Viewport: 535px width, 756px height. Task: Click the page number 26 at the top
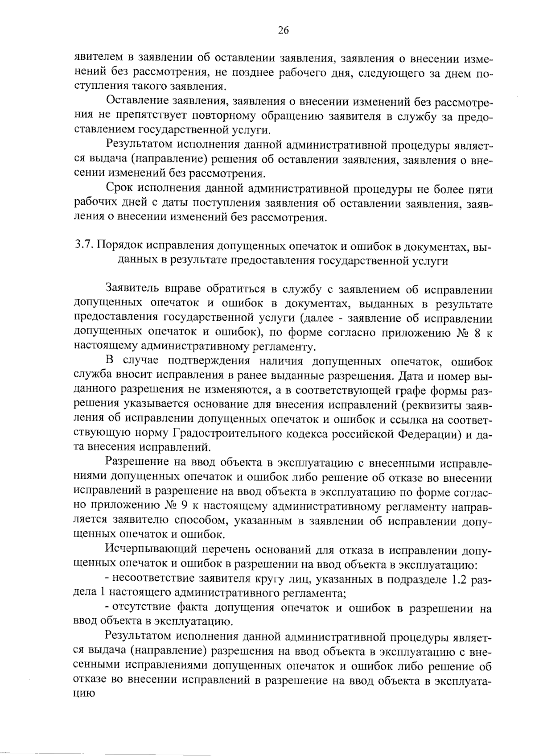284,30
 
